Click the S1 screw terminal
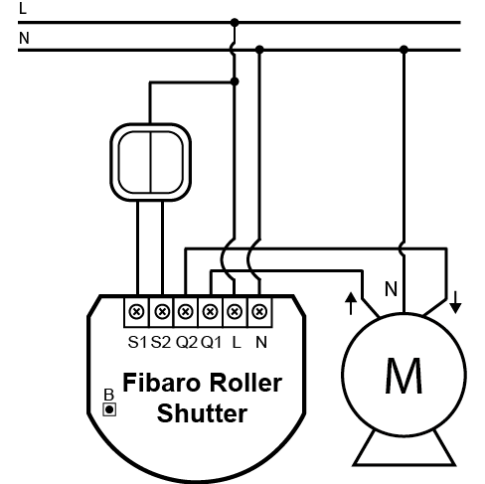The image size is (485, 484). (x=136, y=312)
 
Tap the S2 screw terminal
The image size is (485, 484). (x=162, y=312)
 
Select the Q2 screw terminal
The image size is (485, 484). (x=186, y=312)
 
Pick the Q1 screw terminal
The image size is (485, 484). (x=210, y=312)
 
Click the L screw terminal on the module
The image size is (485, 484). (x=235, y=312)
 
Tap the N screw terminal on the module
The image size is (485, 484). (x=259, y=312)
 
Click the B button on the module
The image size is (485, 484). (x=109, y=409)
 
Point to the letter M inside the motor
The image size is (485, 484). (x=404, y=376)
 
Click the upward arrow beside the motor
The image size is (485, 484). (x=351, y=303)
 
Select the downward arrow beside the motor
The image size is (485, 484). (x=455, y=302)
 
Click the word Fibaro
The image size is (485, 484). (x=162, y=383)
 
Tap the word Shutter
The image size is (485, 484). (x=203, y=413)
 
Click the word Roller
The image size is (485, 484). (x=245, y=383)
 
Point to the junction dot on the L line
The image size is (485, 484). (x=235, y=23)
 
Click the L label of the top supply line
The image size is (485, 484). (x=23, y=8)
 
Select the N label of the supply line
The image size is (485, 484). (x=24, y=38)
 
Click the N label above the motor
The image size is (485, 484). (x=391, y=289)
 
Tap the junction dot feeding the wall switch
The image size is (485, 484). (x=235, y=81)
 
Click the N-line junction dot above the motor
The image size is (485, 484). (x=404, y=50)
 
